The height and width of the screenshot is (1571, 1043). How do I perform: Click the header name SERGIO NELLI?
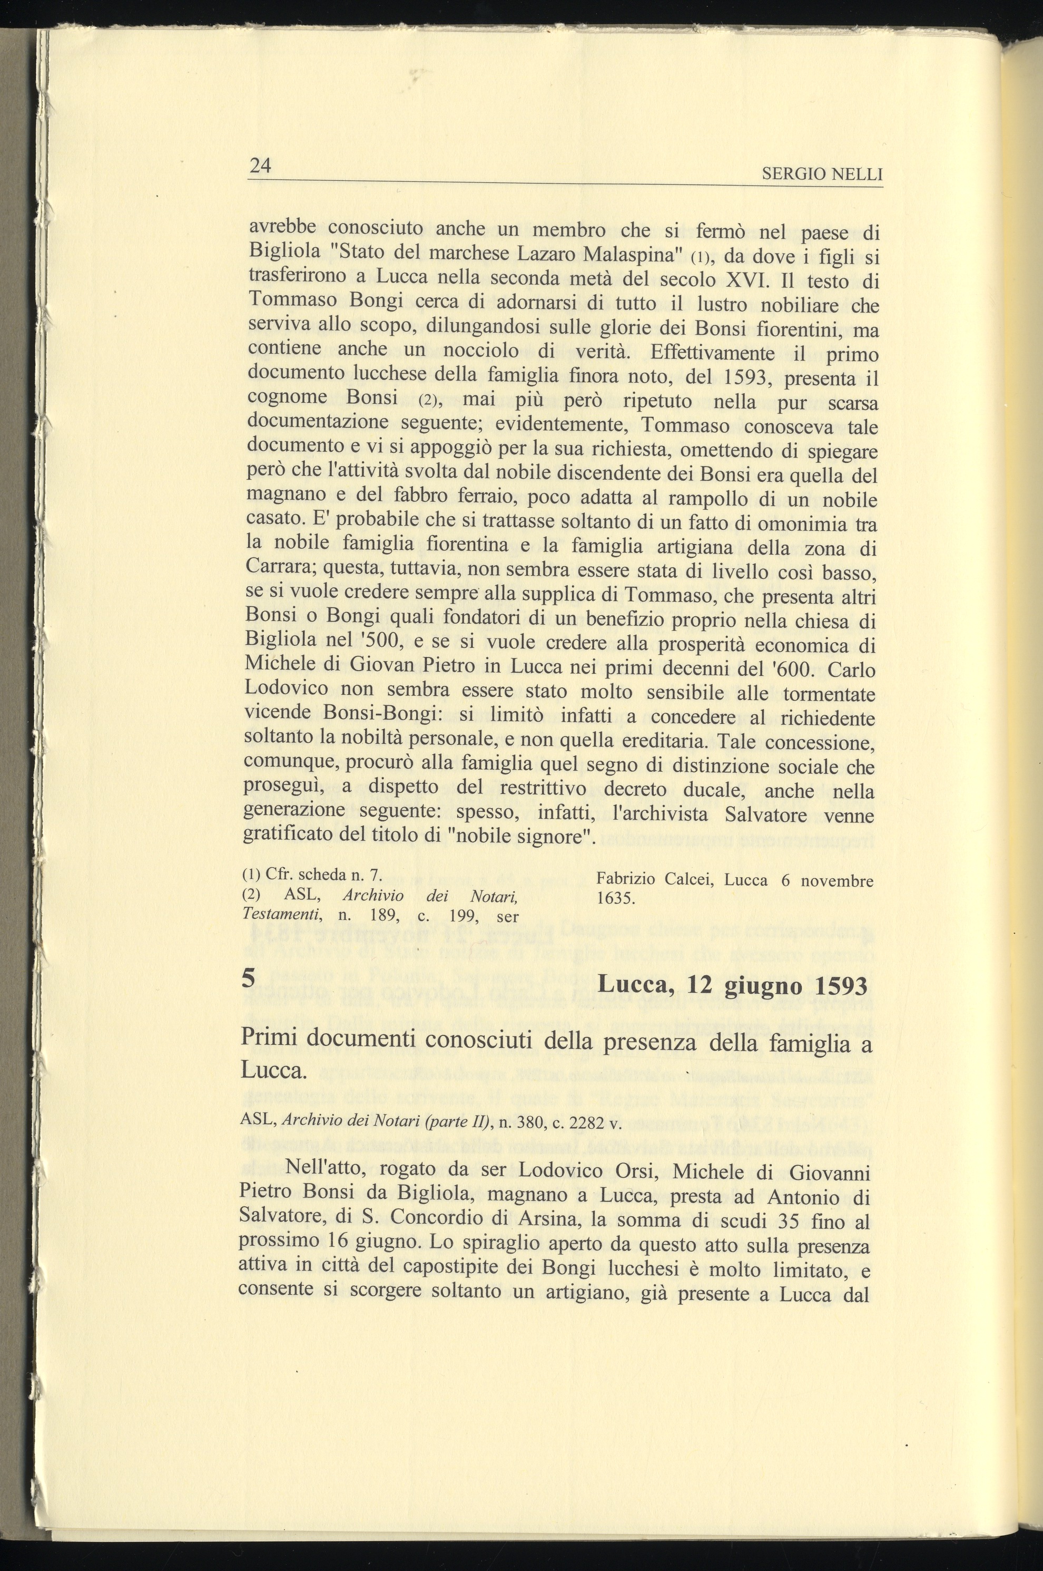pyautogui.click(x=822, y=175)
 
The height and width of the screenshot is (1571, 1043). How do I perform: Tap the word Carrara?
pyautogui.click(x=279, y=568)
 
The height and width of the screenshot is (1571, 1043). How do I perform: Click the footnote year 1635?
pyautogui.click(x=614, y=899)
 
